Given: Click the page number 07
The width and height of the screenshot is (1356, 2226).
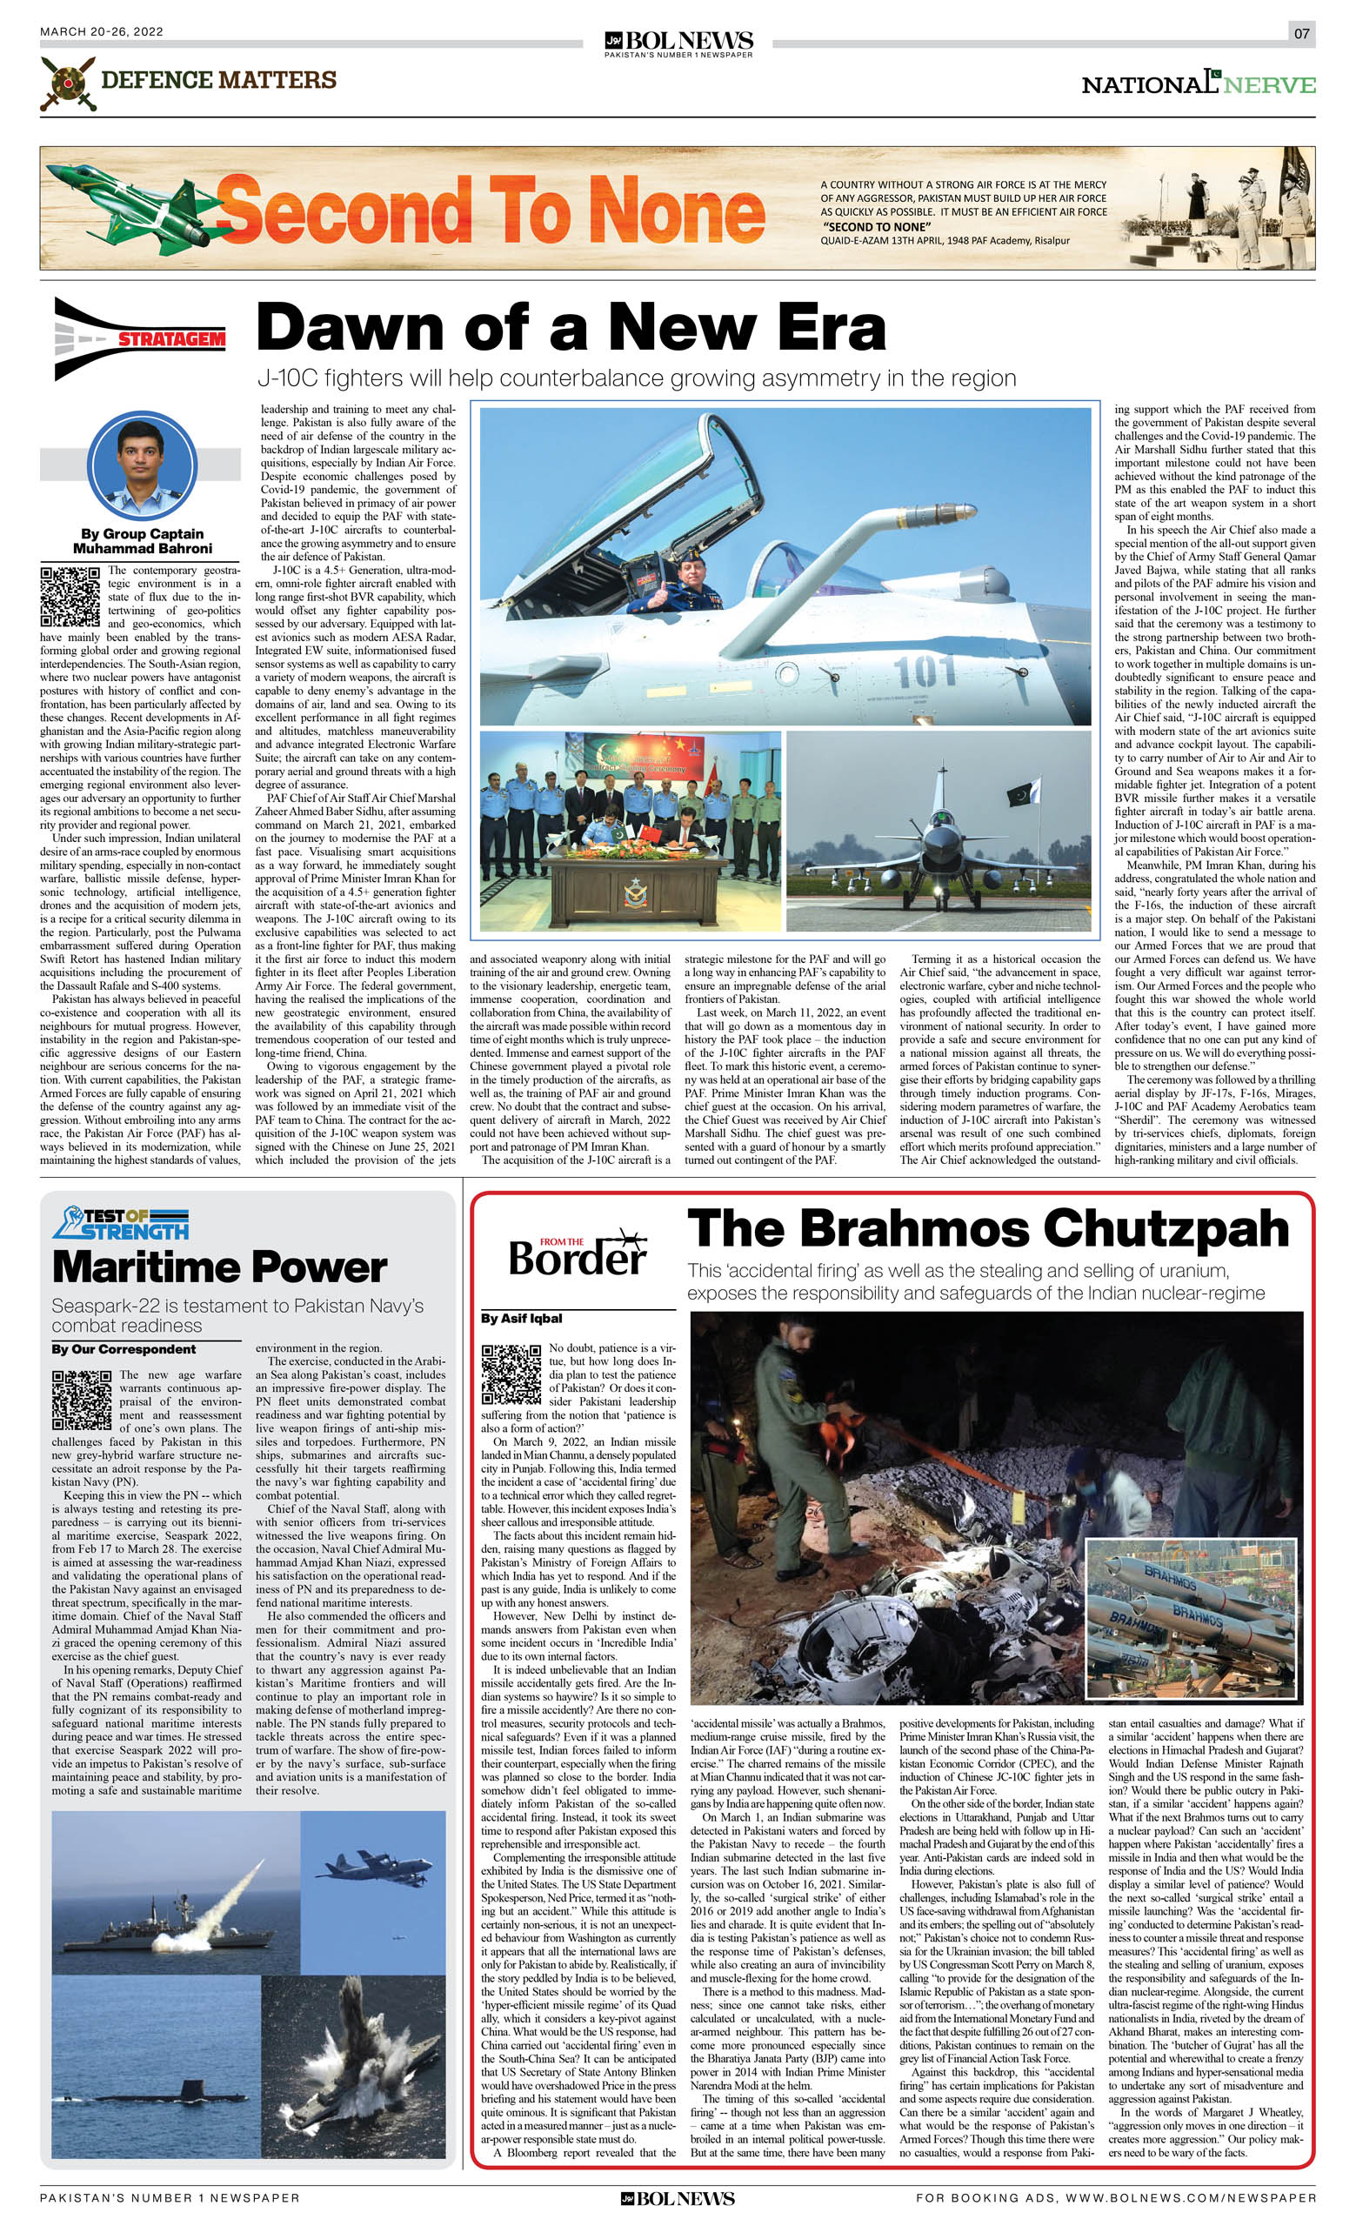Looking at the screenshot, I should (x=1301, y=33).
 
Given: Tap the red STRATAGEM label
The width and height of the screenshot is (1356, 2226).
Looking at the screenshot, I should (x=170, y=339).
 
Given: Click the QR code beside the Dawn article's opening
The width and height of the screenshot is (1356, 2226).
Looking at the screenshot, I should (x=70, y=596).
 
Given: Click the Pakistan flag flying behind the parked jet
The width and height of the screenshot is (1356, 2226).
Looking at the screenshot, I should (x=1025, y=793).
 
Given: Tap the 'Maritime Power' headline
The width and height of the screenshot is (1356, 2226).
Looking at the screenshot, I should (x=219, y=1267).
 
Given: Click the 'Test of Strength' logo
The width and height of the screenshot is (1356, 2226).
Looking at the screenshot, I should (x=120, y=1223).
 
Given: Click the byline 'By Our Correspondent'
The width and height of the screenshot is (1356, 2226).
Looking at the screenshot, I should (x=124, y=1349).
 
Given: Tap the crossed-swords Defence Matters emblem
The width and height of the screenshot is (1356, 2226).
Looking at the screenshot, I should (x=67, y=84).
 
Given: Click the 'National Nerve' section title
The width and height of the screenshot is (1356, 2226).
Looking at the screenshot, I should (x=1198, y=84).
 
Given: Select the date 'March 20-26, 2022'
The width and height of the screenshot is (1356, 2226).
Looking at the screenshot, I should (x=101, y=31).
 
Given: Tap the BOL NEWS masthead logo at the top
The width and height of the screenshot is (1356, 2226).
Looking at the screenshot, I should (x=678, y=43).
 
